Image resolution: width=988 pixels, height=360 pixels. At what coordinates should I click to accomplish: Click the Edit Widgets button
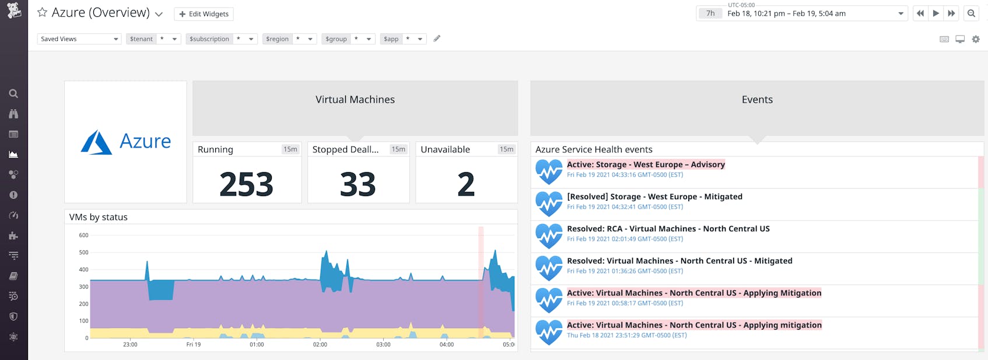(204, 14)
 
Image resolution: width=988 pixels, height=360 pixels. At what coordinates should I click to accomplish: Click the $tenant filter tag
(141, 39)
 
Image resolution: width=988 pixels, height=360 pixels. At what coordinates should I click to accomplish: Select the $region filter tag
(277, 39)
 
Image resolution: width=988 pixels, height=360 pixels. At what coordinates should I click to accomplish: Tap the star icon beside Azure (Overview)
(42, 12)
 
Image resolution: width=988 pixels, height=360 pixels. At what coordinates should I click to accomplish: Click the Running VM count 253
(246, 184)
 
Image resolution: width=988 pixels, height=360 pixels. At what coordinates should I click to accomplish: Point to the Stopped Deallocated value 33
(358, 184)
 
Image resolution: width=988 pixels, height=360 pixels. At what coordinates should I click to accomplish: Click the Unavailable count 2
(465, 184)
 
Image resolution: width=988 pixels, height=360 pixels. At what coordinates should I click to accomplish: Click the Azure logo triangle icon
(96, 142)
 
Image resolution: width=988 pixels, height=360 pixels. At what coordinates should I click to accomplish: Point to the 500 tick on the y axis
(83, 253)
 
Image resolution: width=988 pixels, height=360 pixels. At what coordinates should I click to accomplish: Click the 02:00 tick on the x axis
(320, 345)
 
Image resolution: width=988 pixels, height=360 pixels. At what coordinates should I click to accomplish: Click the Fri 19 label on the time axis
(193, 345)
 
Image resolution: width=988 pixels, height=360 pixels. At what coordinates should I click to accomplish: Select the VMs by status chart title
(99, 217)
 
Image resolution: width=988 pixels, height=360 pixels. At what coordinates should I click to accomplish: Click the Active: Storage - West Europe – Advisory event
(646, 165)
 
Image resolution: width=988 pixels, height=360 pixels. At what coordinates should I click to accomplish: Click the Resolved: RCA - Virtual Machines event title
(668, 229)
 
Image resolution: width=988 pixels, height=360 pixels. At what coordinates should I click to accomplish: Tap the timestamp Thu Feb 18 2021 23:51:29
(626, 335)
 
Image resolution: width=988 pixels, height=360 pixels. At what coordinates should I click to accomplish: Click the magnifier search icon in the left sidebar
(13, 93)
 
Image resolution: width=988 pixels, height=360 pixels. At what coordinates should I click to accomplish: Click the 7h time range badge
(710, 13)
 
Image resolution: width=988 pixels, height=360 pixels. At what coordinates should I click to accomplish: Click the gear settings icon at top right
(976, 39)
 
